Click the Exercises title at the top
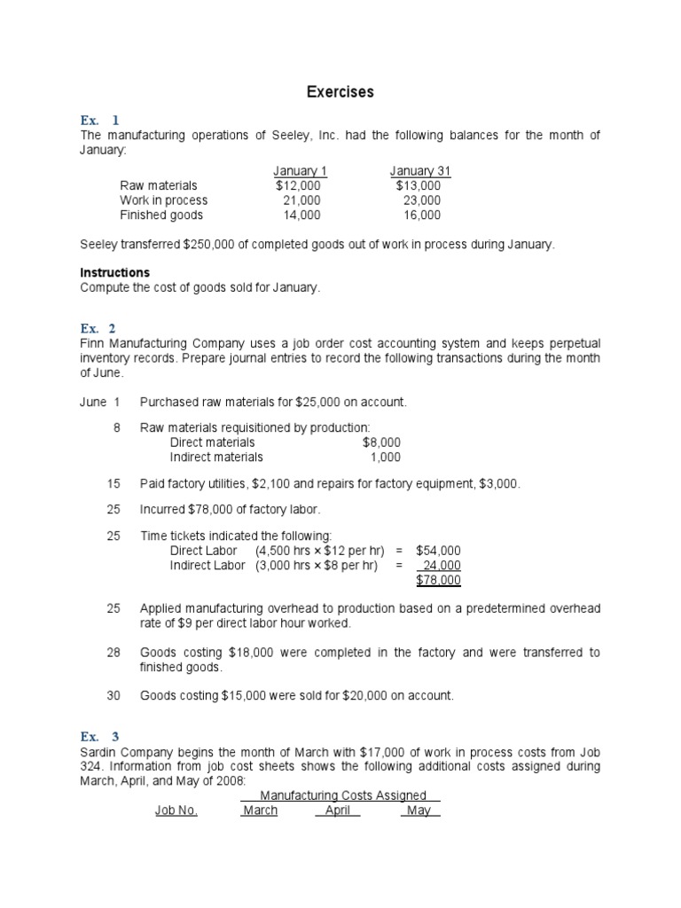point(340,92)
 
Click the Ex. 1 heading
point(99,120)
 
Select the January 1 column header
point(300,171)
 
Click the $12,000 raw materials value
point(298,186)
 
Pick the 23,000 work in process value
point(421,200)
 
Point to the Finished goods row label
point(161,215)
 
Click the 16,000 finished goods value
point(421,215)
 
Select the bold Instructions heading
point(115,272)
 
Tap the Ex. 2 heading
point(99,328)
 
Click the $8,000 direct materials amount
point(381,442)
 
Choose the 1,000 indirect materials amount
point(385,457)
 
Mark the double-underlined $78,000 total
point(438,580)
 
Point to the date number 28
point(113,653)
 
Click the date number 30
point(113,696)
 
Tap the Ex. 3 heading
point(99,737)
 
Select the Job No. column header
point(176,810)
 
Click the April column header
point(338,810)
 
